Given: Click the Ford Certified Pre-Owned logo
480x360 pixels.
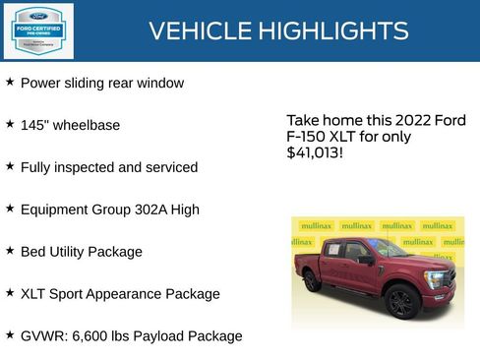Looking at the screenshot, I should coord(36,30).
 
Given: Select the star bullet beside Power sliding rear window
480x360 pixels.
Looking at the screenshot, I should coord(10,83).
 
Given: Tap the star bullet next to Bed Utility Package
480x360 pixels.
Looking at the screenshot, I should coord(10,251).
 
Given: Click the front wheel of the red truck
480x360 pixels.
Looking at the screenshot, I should coord(400,301).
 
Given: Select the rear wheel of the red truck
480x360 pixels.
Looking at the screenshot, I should coord(312,280).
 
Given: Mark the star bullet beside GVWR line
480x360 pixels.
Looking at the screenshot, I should coord(10,335).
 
